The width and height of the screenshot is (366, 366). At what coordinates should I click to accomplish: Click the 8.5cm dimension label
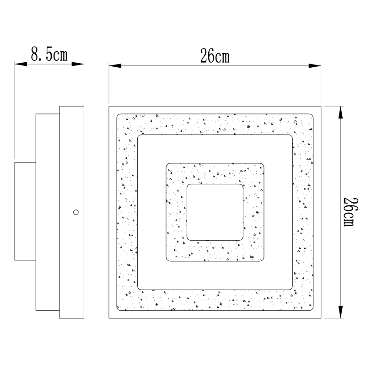(49, 54)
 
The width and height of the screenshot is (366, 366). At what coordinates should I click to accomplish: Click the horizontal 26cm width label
(215, 56)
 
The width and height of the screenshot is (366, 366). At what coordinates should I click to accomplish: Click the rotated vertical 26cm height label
(350, 212)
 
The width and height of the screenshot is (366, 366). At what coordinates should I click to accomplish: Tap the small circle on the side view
(76, 212)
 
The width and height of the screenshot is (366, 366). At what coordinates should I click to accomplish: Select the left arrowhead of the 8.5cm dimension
(21, 64)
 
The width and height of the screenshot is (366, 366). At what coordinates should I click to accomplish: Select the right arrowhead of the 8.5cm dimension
(78, 64)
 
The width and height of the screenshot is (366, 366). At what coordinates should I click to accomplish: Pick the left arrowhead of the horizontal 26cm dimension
(115, 65)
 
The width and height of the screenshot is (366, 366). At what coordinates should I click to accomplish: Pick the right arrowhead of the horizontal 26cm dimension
(315, 65)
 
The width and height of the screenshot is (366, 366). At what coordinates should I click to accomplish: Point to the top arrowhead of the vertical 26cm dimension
(341, 112)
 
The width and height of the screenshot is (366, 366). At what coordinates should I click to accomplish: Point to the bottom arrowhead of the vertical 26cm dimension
(341, 312)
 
